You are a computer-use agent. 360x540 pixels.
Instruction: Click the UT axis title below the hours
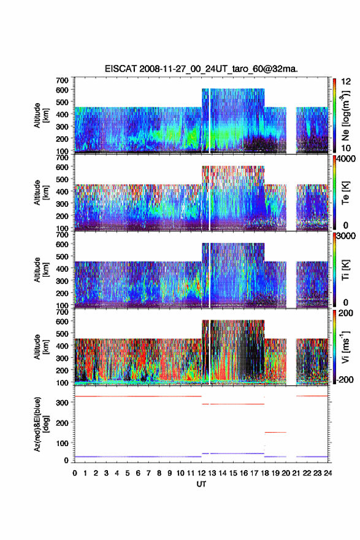pos(201,484)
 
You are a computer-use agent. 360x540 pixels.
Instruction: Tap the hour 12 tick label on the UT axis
pos(201,473)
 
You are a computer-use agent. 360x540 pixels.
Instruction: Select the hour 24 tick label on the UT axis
pos(328,473)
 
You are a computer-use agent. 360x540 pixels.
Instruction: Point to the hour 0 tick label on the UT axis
pos(75,473)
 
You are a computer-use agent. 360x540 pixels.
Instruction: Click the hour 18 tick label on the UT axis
pos(265,473)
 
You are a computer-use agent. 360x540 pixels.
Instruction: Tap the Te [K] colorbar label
pos(345,193)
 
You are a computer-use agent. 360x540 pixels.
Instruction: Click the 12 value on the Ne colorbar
pos(346,82)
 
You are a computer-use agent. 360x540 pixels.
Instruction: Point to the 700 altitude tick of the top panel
pos(62,80)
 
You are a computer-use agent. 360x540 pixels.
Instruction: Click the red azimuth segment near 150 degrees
pos(275,432)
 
